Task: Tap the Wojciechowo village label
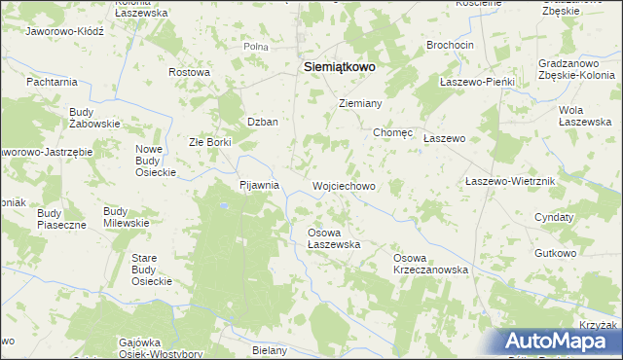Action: pyautogui.click(x=343, y=185)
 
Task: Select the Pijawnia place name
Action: pyautogui.click(x=260, y=184)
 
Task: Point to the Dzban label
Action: pyautogui.click(x=263, y=122)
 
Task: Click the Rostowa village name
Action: pyautogui.click(x=189, y=72)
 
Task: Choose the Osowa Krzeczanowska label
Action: pyautogui.click(x=430, y=263)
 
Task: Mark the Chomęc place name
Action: pyautogui.click(x=390, y=132)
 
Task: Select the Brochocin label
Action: pyautogui.click(x=450, y=46)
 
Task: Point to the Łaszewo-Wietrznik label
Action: pyautogui.click(x=509, y=182)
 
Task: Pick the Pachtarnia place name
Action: pyautogui.click(x=53, y=82)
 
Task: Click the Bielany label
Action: pyautogui.click(x=270, y=350)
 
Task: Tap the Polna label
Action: pyautogui.click(x=256, y=46)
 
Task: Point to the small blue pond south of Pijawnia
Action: pyautogui.click(x=223, y=206)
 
